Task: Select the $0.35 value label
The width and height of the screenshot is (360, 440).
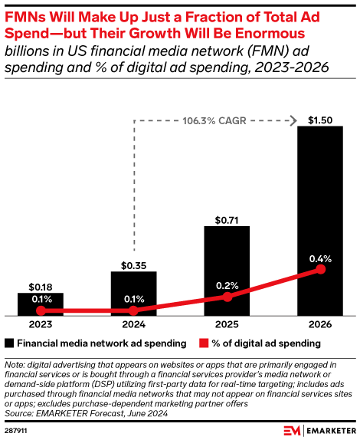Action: (x=134, y=264)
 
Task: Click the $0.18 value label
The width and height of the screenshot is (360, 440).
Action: (x=41, y=285)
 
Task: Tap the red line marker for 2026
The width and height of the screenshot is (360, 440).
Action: (x=321, y=270)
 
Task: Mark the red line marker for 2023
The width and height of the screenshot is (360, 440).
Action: (x=41, y=310)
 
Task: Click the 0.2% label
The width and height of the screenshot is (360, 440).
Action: (x=227, y=285)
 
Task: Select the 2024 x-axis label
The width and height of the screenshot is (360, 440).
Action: (x=134, y=325)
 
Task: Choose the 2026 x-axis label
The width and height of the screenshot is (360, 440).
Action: (x=321, y=325)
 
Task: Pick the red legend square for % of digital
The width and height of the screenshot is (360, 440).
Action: (x=203, y=343)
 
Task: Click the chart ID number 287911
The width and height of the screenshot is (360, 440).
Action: (x=17, y=429)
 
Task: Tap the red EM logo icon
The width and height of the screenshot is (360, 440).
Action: (x=291, y=429)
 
